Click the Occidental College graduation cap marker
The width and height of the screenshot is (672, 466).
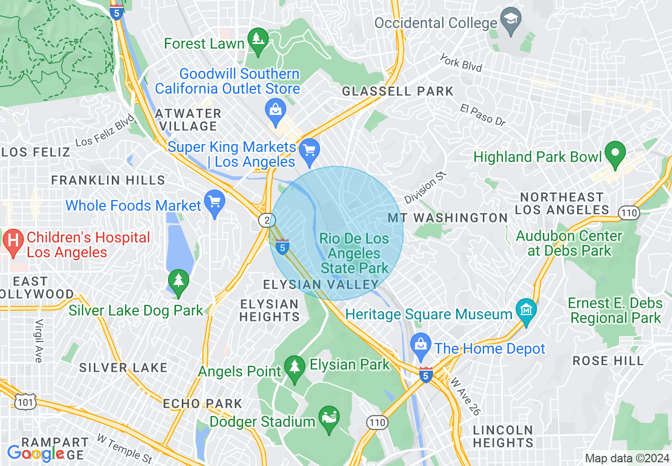[x=511, y=22]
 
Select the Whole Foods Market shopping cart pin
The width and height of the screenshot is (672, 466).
[x=215, y=204]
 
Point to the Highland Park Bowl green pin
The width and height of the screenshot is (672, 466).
[x=615, y=155]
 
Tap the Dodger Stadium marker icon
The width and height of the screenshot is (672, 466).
[x=329, y=419]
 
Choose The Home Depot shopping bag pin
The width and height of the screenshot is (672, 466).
[x=421, y=347]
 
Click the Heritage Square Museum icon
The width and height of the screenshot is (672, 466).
[x=526, y=312]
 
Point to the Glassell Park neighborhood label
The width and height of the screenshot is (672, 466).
[x=397, y=91]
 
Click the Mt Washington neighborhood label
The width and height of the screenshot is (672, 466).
[x=448, y=218]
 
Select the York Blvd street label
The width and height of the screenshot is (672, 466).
[x=461, y=62]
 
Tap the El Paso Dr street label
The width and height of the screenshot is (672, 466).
[x=483, y=115]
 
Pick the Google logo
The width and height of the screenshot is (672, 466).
[x=35, y=453]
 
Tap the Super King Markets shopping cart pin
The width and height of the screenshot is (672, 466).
[x=309, y=150]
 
